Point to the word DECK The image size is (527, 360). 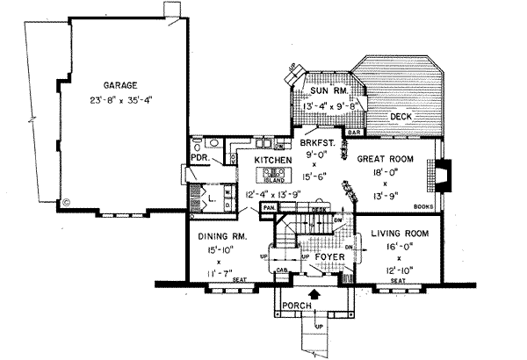pyautogui.click(x=401, y=116)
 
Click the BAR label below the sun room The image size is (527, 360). pyautogui.click(x=355, y=133)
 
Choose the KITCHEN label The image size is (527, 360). pyautogui.click(x=273, y=162)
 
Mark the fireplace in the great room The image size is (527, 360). pyautogui.click(x=445, y=175)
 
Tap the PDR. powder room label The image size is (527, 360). pyautogui.click(x=199, y=159)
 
